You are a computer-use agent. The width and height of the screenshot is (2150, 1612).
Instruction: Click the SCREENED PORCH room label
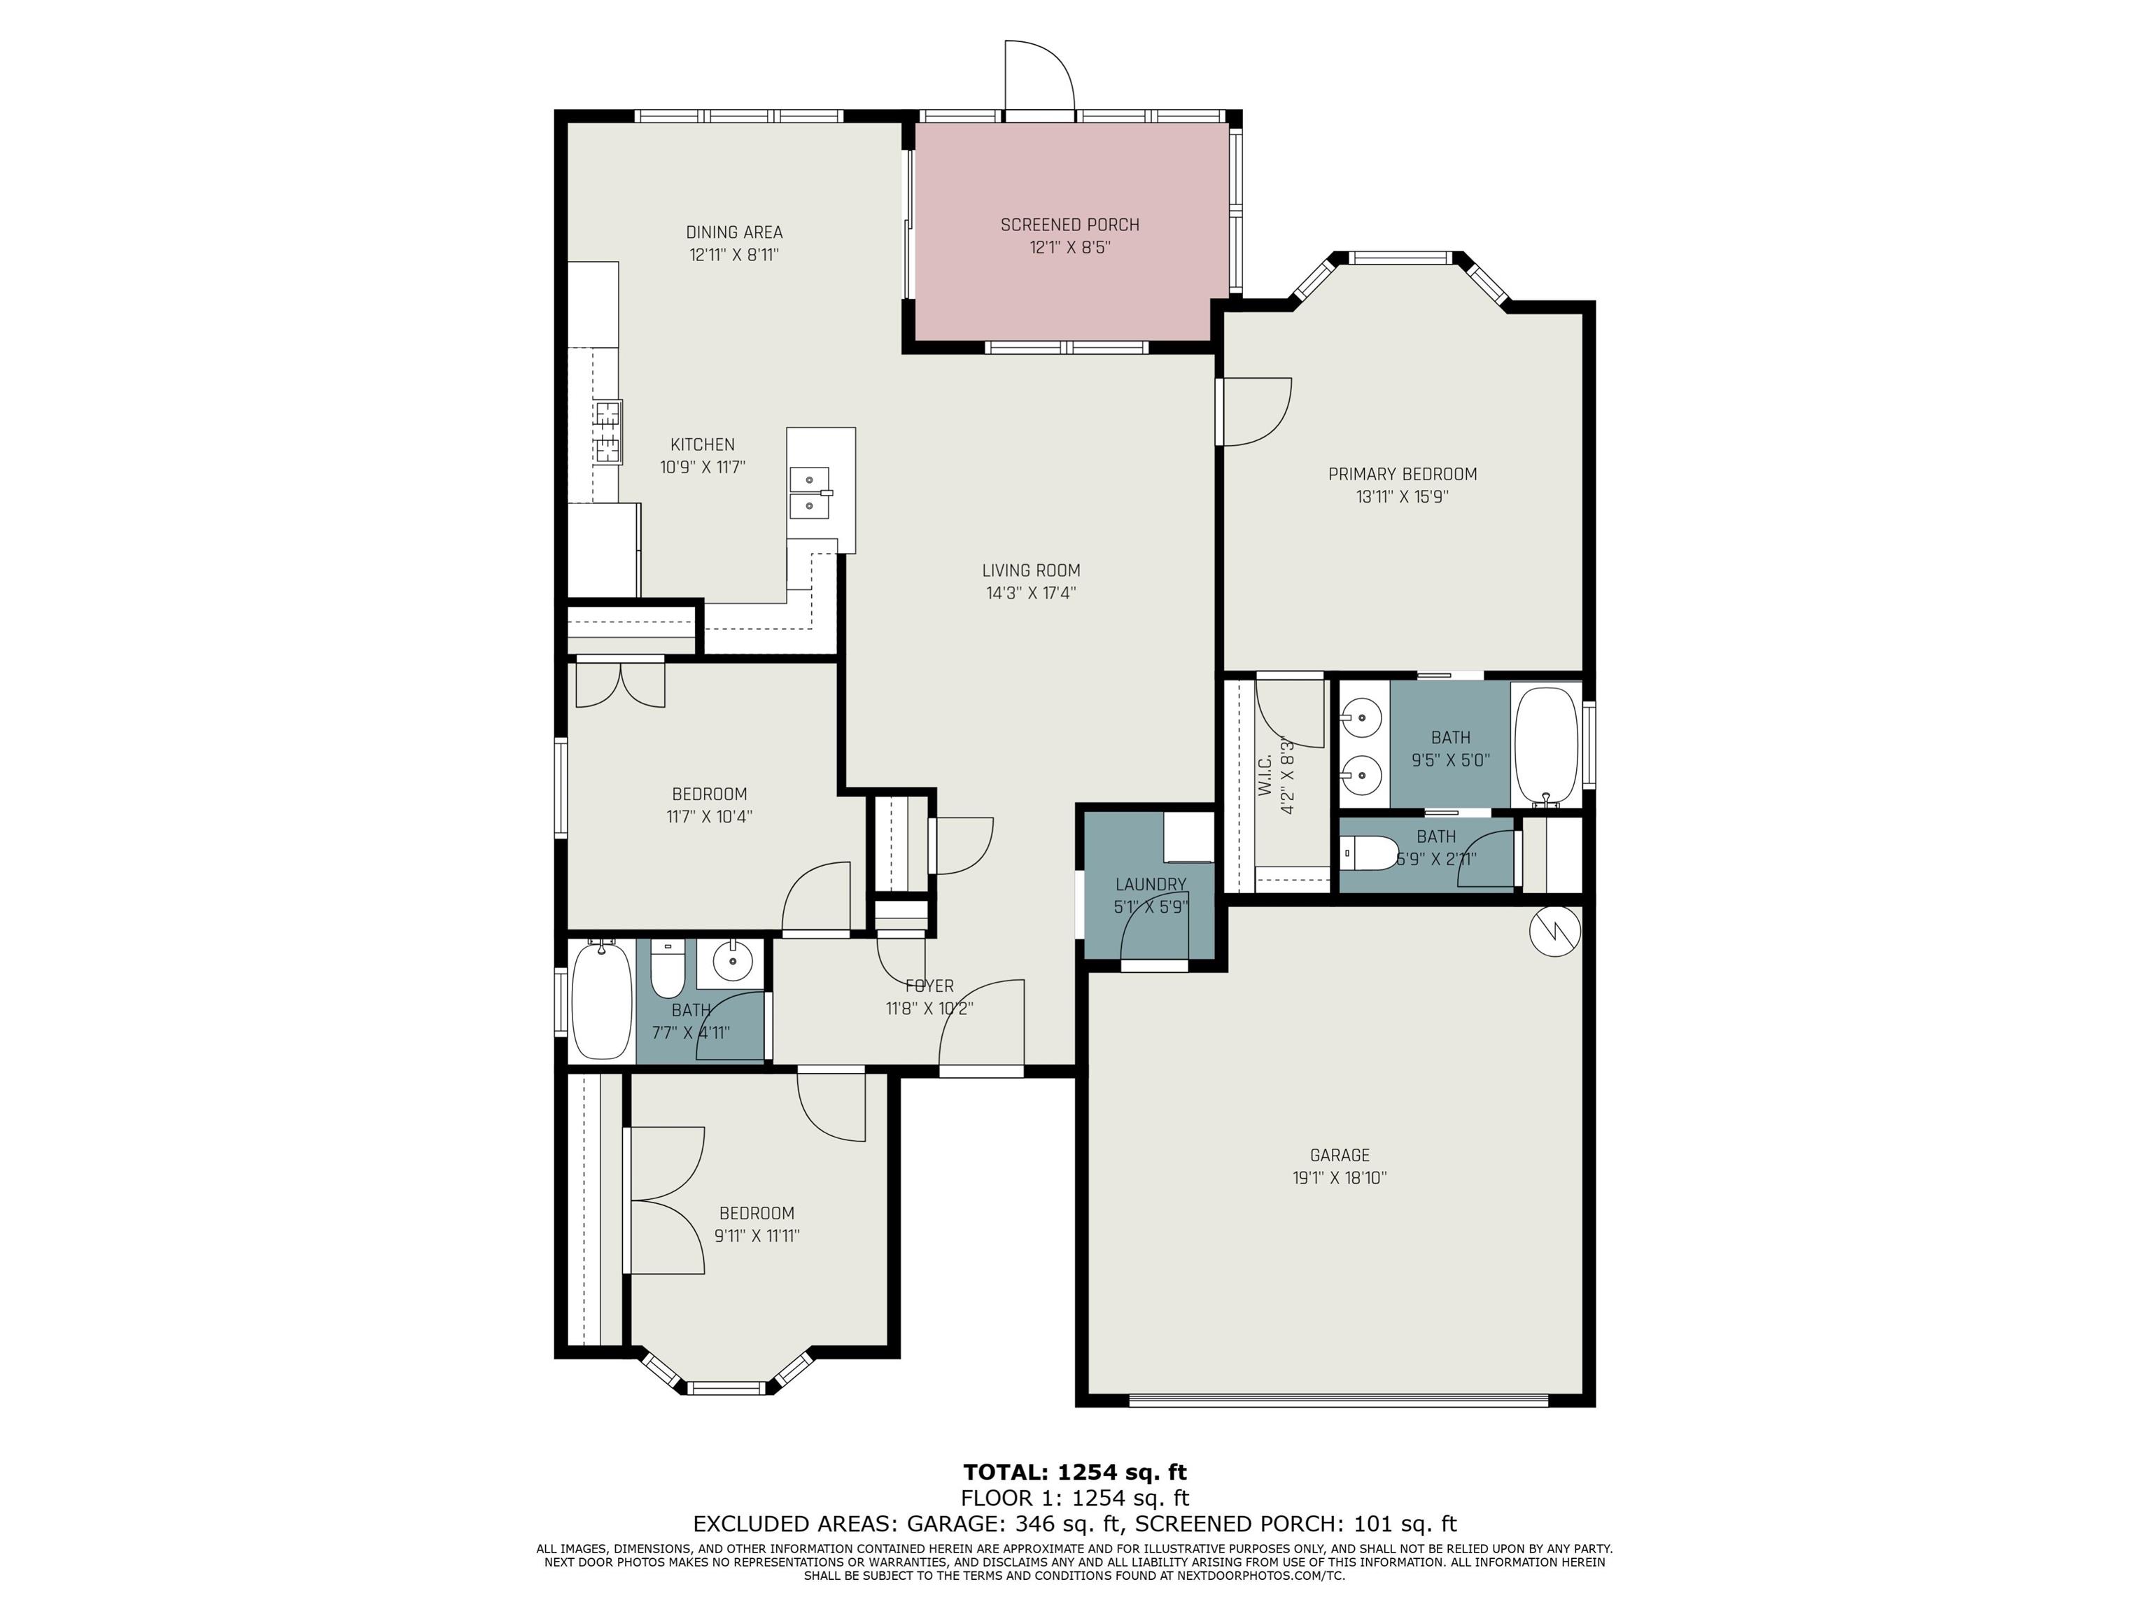(x=1069, y=225)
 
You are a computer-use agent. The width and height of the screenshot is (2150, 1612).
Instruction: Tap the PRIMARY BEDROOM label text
(x=1403, y=475)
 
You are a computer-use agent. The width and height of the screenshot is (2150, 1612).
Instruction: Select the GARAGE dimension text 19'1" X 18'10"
(x=1340, y=1177)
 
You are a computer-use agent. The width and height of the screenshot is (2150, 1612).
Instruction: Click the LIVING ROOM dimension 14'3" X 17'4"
(x=1030, y=593)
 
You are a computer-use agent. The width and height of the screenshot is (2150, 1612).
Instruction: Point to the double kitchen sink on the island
(x=810, y=493)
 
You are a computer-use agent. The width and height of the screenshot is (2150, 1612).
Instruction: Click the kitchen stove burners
(x=607, y=432)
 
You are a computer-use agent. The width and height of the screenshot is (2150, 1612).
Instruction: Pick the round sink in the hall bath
(x=732, y=962)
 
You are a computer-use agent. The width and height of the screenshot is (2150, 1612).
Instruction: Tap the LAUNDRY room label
(x=1151, y=885)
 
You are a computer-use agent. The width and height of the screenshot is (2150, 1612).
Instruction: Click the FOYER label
(x=929, y=986)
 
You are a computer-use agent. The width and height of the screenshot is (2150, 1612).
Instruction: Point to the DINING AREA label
(x=734, y=232)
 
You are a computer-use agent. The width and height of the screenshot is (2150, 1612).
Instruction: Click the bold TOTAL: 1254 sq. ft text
(x=1075, y=1472)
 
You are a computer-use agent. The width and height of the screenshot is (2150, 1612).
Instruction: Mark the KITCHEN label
(x=703, y=444)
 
